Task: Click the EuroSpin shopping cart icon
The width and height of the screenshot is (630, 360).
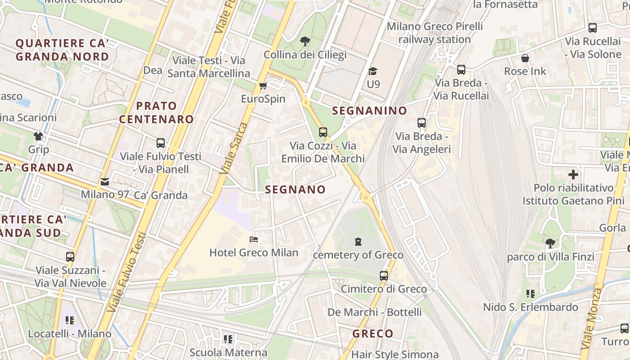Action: pyautogui.click(x=263, y=85)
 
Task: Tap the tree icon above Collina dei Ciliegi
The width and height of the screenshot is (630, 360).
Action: pyautogui.click(x=305, y=42)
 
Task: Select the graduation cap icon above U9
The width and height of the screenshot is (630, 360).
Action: pyautogui.click(x=373, y=71)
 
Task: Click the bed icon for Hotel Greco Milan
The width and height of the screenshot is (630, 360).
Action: pyautogui.click(x=254, y=239)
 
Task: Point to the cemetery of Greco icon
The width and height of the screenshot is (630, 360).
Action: pyautogui.click(x=358, y=242)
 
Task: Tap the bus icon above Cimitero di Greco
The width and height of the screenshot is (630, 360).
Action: pyautogui.click(x=383, y=275)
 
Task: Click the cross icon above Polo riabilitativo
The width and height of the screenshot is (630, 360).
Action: pyautogui.click(x=573, y=174)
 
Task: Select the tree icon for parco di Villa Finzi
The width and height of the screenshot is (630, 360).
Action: pyautogui.click(x=550, y=243)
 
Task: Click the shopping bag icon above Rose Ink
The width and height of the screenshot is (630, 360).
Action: pyautogui.click(x=525, y=58)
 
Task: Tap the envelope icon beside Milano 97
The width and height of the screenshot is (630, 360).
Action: pyautogui.click(x=105, y=182)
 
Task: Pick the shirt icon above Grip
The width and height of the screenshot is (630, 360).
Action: pyautogui.click(x=38, y=136)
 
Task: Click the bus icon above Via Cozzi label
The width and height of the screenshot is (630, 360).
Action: pyautogui.click(x=323, y=132)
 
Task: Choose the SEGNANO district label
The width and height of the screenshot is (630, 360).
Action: pyautogui.click(x=295, y=190)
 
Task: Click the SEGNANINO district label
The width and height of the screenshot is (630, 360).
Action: pyautogui.click(x=369, y=111)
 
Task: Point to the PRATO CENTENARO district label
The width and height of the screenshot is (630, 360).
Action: pyautogui.click(x=157, y=112)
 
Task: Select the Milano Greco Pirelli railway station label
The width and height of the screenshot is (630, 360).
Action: pyautogui.click(x=435, y=33)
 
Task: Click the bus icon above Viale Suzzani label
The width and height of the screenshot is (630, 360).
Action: pyautogui.click(x=70, y=257)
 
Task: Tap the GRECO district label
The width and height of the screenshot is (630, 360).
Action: pyautogui.click(x=373, y=334)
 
